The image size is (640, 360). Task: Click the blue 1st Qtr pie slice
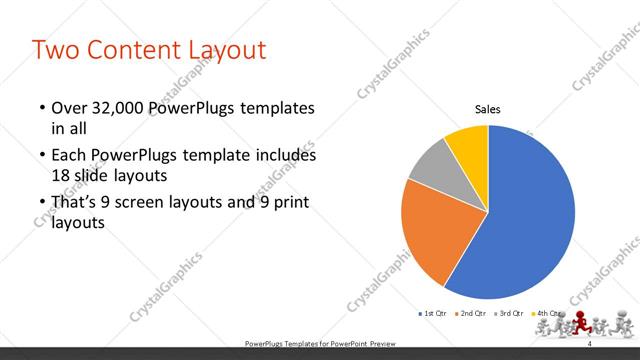(x=530, y=215)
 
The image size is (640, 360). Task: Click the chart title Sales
(x=487, y=110)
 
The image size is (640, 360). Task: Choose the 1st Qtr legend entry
(x=433, y=314)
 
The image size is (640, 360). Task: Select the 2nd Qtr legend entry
(x=471, y=314)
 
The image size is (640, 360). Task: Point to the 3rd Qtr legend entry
(x=509, y=314)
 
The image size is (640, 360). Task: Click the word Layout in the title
(x=233, y=49)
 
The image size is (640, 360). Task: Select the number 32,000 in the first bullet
(x=125, y=108)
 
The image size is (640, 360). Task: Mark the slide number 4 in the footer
(x=589, y=342)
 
